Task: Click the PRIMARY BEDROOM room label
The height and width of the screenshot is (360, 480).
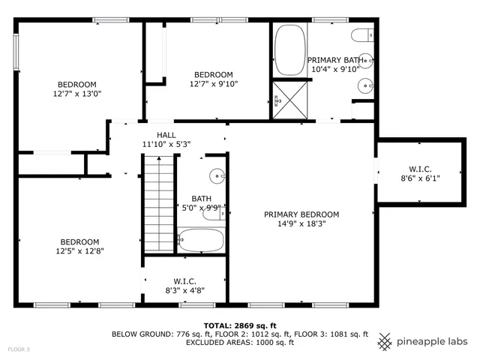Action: click(301, 214)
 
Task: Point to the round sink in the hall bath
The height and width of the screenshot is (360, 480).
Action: click(217, 176)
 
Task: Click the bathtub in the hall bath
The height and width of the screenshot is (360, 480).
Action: click(201, 241)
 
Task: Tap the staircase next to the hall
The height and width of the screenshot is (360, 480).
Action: click(159, 203)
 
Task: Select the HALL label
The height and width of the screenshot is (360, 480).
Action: click(166, 135)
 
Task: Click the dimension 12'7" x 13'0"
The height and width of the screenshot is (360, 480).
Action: click(76, 94)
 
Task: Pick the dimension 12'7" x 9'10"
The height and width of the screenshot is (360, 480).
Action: click(214, 84)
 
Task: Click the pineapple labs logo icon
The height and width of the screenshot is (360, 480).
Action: click(385, 340)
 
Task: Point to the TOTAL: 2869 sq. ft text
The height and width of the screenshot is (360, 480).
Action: click(240, 325)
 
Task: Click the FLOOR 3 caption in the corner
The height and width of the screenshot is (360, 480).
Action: click(19, 349)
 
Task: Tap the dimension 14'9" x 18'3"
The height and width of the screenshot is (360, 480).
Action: click(301, 223)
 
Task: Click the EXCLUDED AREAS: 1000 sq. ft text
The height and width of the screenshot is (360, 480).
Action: click(240, 342)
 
